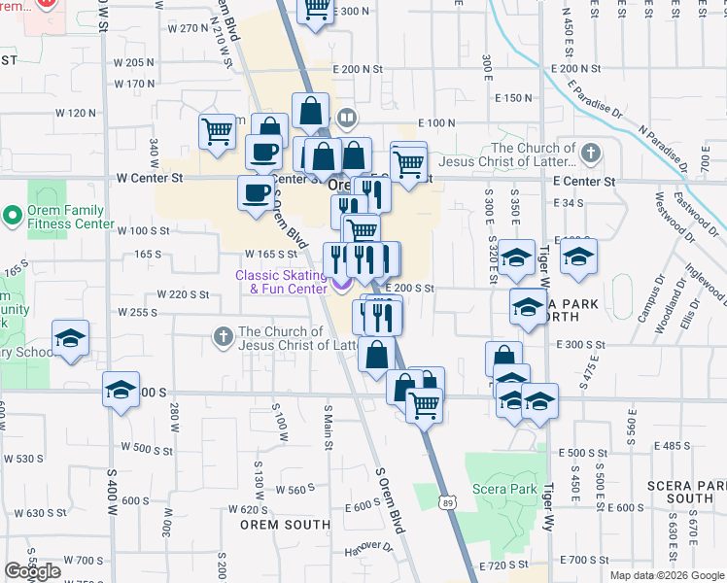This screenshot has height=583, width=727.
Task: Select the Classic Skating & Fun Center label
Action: pyautogui.click(x=280, y=282)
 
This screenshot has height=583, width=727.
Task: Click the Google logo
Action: pyautogui.click(x=32, y=571)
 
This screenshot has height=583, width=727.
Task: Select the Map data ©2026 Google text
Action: pyautogui.click(x=667, y=575)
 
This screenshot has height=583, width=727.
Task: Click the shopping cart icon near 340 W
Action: pyautogui.click(x=216, y=130)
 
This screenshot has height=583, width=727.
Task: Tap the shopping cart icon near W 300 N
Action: pyautogui.click(x=316, y=10)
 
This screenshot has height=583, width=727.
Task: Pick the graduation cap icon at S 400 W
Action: pyautogui.click(x=120, y=390)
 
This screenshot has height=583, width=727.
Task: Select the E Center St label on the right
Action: pyautogui.click(x=584, y=182)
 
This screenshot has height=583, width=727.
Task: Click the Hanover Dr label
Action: pyautogui.click(x=373, y=548)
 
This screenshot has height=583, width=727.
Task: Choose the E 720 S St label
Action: pyautogui.click(x=504, y=565)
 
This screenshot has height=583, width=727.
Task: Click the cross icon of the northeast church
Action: pyautogui.click(x=590, y=152)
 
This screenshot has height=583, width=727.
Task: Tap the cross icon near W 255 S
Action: pyautogui.click(x=223, y=337)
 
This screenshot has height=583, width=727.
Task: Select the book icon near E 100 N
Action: pyautogui.click(x=345, y=118)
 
